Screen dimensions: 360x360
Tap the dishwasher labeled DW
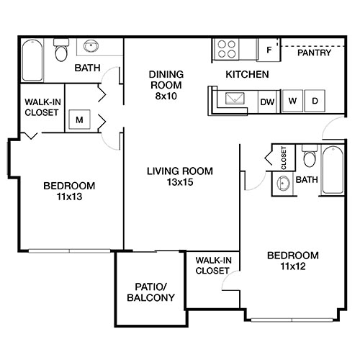(267, 102)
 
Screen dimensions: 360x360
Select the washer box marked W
(292, 102)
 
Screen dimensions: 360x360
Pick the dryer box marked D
(315, 102)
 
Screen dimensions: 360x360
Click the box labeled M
(78, 119)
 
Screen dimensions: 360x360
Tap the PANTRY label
(314, 53)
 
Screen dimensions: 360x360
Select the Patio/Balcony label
(150, 292)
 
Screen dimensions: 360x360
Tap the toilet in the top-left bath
(61, 51)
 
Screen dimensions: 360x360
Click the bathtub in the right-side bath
(333, 170)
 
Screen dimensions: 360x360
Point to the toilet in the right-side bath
(310, 156)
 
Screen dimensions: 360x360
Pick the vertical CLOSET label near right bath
(284, 158)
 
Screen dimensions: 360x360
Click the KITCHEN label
(247, 74)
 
